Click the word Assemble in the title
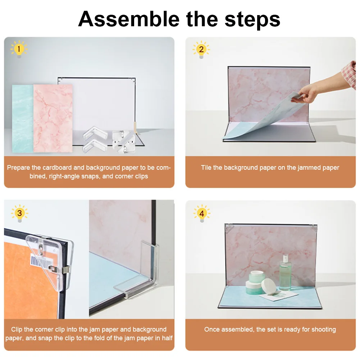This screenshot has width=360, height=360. [129, 19]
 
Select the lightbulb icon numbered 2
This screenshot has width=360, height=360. [201, 50]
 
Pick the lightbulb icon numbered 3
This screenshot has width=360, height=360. [19, 213]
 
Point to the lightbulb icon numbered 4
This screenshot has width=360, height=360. [202, 214]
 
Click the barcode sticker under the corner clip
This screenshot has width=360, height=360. [40, 262]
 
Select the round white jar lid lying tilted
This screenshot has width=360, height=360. [269, 286]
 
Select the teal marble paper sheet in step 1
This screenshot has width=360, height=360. [23, 118]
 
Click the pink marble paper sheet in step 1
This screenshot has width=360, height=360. [53, 118]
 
